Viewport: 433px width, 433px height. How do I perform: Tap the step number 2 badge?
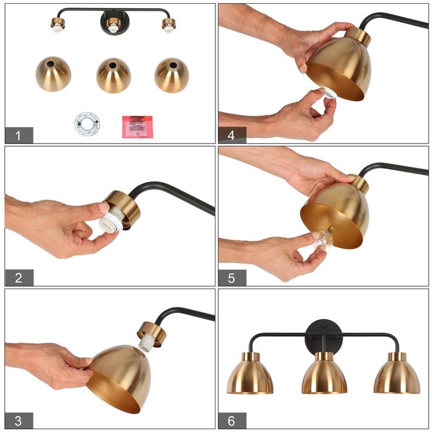[19, 278]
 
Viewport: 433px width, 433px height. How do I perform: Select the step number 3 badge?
[19, 421]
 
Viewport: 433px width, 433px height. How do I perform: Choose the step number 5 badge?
[232, 278]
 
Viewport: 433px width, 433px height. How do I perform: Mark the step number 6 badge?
[232, 421]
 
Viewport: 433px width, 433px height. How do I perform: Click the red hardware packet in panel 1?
[137, 126]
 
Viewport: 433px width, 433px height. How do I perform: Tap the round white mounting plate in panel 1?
[87, 123]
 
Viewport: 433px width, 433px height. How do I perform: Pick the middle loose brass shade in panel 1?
[114, 75]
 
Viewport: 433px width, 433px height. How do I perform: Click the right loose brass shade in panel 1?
[172, 75]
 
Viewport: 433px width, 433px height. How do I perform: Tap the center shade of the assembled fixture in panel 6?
[324, 376]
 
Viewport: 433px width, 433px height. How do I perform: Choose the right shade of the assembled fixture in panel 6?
[396, 376]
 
